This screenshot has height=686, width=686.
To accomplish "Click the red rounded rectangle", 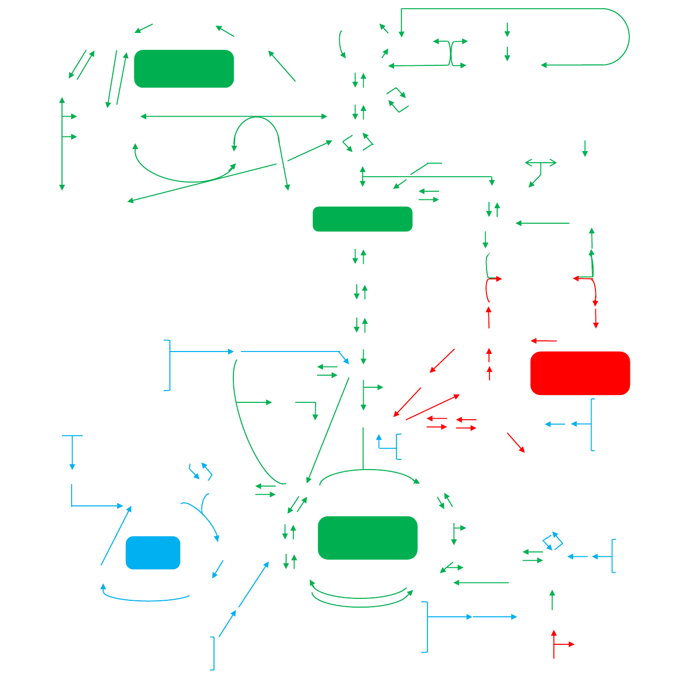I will click(x=580, y=373).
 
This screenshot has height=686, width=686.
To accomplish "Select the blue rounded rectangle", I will click(x=153, y=552).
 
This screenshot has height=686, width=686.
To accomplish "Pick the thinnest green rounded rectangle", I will click(x=363, y=219).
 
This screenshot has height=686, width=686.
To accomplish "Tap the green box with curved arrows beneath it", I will click(x=367, y=538).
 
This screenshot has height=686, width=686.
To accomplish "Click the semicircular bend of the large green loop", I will click(x=628, y=37).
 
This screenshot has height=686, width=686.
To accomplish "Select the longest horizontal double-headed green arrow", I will click(x=234, y=116).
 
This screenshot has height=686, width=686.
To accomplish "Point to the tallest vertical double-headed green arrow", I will click(x=62, y=144).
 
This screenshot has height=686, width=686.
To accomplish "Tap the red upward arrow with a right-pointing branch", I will click(x=554, y=644).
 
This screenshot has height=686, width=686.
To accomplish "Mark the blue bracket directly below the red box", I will click(x=592, y=425).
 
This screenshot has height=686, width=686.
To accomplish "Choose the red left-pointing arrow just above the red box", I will click(x=544, y=341).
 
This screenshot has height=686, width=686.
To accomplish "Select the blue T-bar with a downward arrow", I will click(x=72, y=450).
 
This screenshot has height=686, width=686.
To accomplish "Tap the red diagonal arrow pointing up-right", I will click(x=432, y=407).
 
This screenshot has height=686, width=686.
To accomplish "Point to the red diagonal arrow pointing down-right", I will click(x=516, y=442).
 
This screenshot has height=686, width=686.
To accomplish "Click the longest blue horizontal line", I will click(x=290, y=351).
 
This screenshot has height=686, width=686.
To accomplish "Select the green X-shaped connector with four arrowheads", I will click(x=451, y=53).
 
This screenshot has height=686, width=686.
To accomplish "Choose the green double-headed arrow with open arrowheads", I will click(x=541, y=163).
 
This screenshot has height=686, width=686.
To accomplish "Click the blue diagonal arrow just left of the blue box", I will click(x=116, y=535).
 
